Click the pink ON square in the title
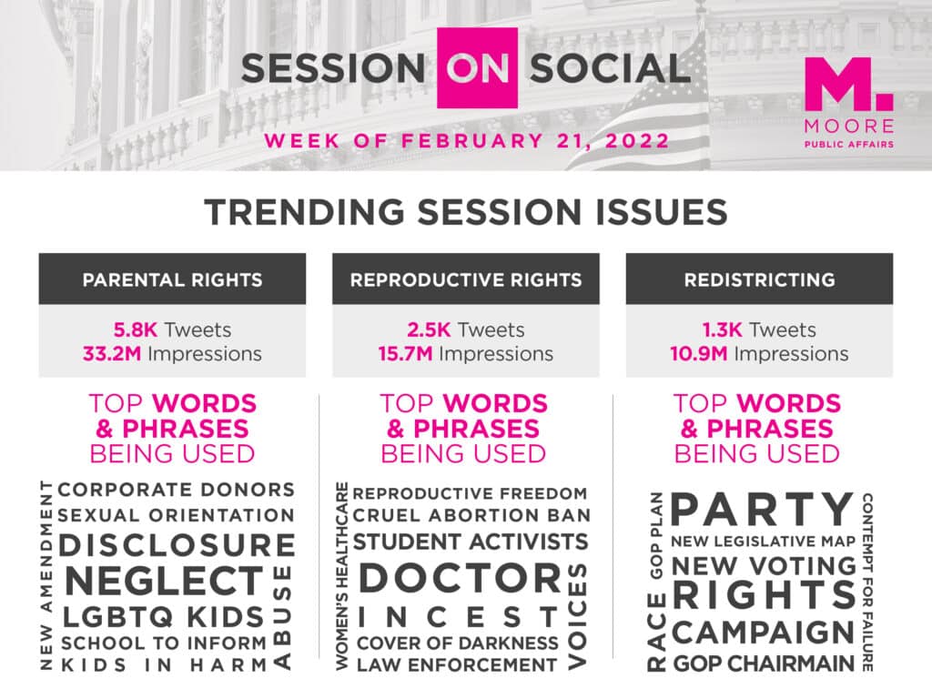[477, 67]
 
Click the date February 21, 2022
[535, 141]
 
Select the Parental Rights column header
[172, 279]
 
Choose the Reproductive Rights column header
[466, 279]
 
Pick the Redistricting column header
[760, 279]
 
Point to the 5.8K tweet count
[136, 329]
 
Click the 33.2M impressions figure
[112, 354]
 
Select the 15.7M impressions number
[405, 354]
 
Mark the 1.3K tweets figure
[722, 329]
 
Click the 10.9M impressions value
[698, 354]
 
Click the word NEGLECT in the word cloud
[165, 581]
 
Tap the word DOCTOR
[460, 578]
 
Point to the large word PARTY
[763, 509]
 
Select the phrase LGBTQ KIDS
[164, 617]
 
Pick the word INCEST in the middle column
[459, 618]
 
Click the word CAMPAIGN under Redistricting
[764, 632]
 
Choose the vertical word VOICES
[577, 616]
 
